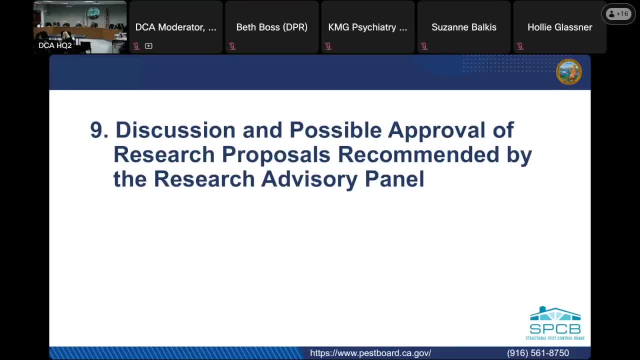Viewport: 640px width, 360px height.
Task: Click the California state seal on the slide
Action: click(569, 71)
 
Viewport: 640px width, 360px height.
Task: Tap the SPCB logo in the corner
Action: click(555, 323)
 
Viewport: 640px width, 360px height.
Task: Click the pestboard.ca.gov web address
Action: click(370, 353)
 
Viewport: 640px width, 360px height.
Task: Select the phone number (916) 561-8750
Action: click(538, 353)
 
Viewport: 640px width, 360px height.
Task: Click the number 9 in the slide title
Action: click(96, 130)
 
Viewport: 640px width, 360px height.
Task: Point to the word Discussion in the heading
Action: click(175, 130)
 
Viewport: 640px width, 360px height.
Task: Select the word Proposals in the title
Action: click(276, 155)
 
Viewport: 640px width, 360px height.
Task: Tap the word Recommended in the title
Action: click(418, 154)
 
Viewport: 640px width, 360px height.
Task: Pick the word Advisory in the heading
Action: click(309, 179)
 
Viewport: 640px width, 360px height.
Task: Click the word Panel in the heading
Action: click(394, 179)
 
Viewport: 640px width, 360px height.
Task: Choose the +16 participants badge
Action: click(618, 13)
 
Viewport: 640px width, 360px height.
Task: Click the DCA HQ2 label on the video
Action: click(55, 45)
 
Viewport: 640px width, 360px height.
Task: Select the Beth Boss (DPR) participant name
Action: click(271, 27)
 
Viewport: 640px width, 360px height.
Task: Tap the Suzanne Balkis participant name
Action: click(463, 27)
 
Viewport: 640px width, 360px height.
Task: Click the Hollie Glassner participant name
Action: click(559, 27)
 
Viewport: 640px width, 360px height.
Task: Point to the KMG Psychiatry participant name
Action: click(367, 27)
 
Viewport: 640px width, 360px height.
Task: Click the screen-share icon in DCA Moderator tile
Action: click(148, 45)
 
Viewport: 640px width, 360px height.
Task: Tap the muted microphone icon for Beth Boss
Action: click(232, 46)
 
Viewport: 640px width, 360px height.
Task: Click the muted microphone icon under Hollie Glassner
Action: click(520, 46)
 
